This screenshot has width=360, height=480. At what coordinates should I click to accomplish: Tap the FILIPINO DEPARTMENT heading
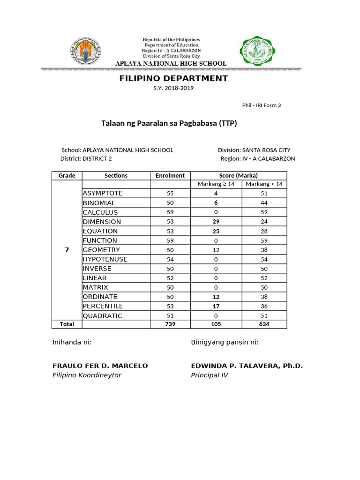coord(173,78)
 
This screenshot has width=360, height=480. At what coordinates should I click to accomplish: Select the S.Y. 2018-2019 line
coord(173,88)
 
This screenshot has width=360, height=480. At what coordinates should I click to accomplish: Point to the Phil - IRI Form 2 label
coord(262,105)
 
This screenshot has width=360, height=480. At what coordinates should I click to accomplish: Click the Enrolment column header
coord(170,175)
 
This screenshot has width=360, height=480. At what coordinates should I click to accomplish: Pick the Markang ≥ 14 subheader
coord(216,184)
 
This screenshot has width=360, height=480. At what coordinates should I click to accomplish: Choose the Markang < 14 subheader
coord(264,184)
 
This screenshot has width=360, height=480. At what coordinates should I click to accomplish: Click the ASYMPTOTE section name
coord(103,193)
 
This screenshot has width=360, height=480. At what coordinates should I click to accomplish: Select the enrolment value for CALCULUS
coord(170,212)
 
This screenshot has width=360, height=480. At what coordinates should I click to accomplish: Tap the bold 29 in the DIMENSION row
coord(216,222)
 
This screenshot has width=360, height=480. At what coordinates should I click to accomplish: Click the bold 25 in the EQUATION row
coord(216,231)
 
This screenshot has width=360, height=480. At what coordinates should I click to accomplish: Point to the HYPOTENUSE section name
coord(105,259)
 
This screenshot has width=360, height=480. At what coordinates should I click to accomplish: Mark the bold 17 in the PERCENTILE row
coord(216,306)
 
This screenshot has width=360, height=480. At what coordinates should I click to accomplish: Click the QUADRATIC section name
coord(103,315)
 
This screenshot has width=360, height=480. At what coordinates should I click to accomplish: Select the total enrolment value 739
coord(170,324)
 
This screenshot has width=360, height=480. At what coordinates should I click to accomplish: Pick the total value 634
coord(264,324)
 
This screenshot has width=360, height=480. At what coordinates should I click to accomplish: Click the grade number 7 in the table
coord(67,250)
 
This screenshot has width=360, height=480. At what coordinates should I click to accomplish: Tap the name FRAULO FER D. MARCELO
coord(100,366)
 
